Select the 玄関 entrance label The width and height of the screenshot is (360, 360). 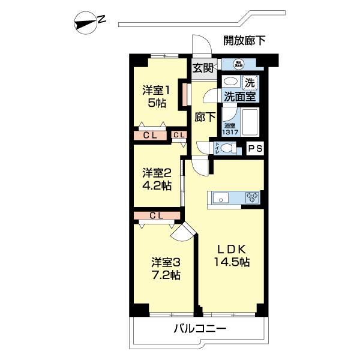(203, 67)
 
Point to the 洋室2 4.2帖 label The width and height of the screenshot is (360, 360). (156, 179)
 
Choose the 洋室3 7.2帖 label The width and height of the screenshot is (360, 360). (165, 269)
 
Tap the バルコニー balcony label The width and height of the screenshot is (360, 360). (200, 329)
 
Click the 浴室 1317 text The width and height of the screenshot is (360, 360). (229, 129)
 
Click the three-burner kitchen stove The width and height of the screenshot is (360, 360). (252, 196)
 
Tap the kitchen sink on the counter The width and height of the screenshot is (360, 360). (218, 197)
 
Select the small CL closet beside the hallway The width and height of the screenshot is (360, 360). (179, 135)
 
